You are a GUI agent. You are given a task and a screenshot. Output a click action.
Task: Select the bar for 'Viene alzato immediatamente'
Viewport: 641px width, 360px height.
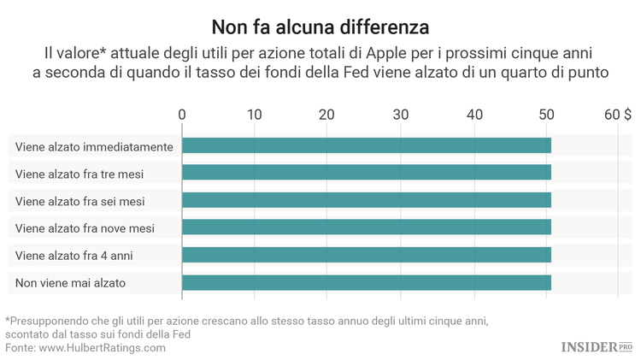click(x=366, y=146)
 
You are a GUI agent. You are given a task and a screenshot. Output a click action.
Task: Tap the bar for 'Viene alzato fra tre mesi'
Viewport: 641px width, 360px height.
click(x=366, y=174)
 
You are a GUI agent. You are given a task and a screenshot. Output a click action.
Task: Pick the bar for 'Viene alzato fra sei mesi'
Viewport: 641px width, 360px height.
click(x=366, y=201)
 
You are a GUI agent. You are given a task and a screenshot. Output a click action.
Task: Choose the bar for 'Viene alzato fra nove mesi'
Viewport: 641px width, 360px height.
click(x=366, y=227)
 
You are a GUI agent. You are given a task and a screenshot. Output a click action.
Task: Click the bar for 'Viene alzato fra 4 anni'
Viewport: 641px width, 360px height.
click(x=366, y=255)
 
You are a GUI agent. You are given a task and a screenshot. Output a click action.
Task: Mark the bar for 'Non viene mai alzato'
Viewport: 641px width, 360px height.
click(x=366, y=282)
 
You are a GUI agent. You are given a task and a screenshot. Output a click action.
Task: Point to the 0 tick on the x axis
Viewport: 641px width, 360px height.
click(x=182, y=115)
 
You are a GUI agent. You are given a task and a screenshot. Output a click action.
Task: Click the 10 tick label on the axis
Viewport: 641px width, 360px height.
click(x=254, y=115)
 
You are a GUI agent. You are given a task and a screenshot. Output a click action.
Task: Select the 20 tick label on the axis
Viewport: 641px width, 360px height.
click(x=326, y=115)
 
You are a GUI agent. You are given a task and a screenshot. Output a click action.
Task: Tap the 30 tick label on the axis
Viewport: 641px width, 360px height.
click(x=400, y=115)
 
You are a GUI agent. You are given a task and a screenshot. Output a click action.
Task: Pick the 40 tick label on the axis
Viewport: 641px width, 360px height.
click(x=473, y=115)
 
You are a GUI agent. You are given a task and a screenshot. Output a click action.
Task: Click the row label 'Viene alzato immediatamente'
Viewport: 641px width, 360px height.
click(x=94, y=147)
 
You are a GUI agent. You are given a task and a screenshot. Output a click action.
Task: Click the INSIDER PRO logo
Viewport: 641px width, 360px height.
click(x=597, y=346)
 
